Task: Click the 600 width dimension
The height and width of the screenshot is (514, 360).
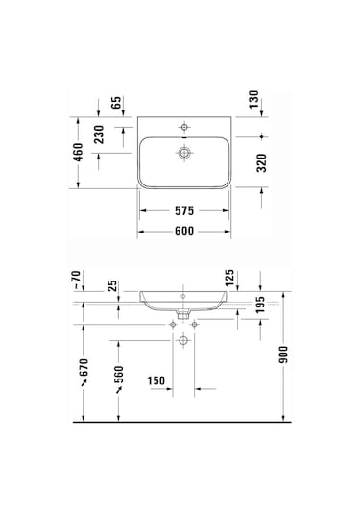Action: pos(184,231)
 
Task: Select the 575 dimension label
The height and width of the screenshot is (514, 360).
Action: pos(184,208)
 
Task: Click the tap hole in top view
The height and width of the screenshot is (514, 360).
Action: pos(183,126)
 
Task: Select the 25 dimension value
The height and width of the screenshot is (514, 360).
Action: pos(113,285)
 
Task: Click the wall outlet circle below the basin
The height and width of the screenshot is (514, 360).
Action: pos(183,314)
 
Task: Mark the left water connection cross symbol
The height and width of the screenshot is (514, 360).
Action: pos(172,325)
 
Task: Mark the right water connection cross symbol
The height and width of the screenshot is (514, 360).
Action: pos(195,325)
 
